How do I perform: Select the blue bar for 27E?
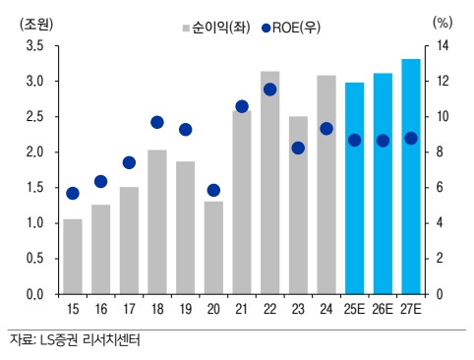(411, 176)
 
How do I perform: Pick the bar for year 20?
(213, 247)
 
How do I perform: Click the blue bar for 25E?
(354, 188)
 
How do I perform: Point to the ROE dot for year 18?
(157, 122)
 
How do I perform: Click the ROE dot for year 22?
(269, 90)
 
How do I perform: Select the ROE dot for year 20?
(213, 190)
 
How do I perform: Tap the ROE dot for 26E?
(383, 141)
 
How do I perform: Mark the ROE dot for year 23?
(298, 148)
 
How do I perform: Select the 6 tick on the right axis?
(439, 188)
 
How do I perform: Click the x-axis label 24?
(326, 309)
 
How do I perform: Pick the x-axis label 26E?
(383, 309)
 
